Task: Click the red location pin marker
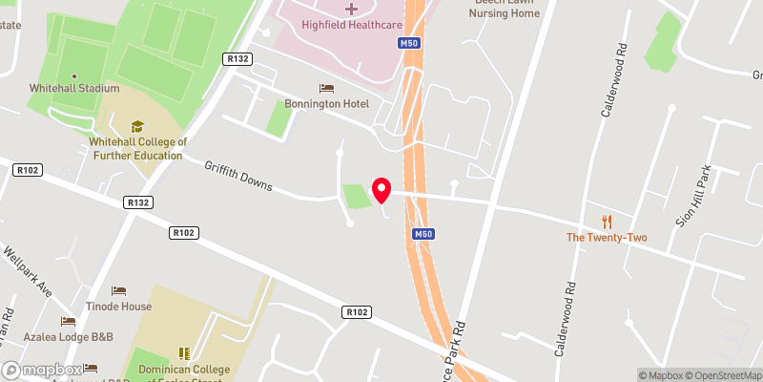(381, 189)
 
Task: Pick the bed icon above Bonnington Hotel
(327, 88)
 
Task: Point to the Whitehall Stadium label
(73, 87)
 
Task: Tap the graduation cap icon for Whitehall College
(136, 126)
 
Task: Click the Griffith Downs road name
(238, 175)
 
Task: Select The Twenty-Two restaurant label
(607, 237)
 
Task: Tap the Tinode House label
(119, 306)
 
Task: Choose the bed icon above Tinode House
(119, 290)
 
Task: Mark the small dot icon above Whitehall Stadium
(73, 74)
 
